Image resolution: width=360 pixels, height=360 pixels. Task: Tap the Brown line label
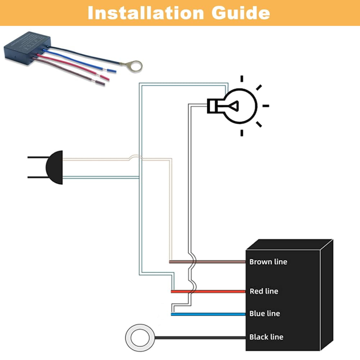tap(268, 261)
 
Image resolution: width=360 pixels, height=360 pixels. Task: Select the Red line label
tap(264, 291)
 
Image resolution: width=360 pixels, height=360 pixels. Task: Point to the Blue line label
tap(265, 314)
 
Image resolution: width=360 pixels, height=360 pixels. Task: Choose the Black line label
tap(266, 337)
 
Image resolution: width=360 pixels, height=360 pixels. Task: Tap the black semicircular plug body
tap(55, 168)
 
